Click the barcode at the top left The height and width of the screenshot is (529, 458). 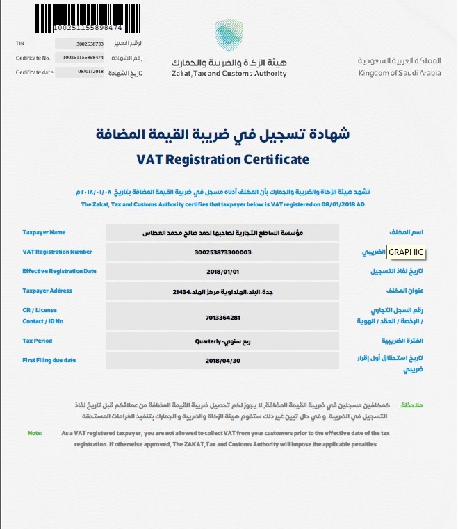[88, 15]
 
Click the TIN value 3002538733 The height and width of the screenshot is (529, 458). [89, 44]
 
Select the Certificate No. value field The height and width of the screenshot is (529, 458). [83, 58]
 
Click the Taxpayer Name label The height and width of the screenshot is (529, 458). [44, 232]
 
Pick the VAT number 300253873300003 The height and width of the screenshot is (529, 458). [222, 252]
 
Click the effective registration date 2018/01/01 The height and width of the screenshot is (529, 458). [222, 272]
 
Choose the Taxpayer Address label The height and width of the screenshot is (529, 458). [47, 291]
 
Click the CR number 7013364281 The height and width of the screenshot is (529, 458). [222, 317]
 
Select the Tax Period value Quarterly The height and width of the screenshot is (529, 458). [222, 342]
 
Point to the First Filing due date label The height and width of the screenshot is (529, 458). [49, 359]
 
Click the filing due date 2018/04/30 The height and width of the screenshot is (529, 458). [222, 361]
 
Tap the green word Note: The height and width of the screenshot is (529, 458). [35, 433]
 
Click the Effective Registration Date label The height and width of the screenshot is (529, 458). [59, 271]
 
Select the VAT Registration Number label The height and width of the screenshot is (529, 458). [57, 252]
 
